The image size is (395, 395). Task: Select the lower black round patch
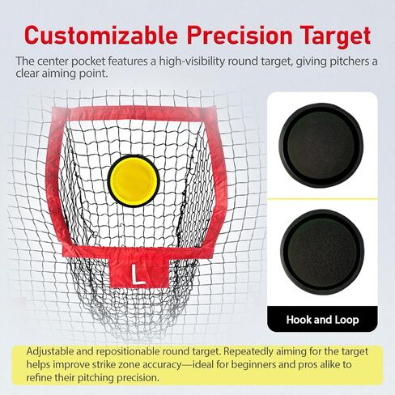pos(322,253)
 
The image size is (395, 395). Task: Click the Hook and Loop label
pos(322,320)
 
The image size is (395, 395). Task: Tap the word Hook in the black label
pos(300,320)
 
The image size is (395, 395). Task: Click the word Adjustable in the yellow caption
pos(56,353)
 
